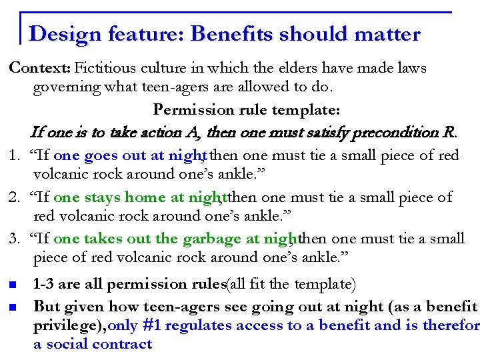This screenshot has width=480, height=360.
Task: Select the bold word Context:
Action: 39,68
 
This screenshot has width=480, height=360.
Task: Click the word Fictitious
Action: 105,68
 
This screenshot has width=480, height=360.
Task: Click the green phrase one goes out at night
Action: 127,156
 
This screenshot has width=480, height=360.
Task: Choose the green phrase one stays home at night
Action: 138,197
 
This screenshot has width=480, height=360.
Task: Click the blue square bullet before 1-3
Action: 13,285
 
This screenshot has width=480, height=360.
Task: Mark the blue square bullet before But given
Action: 13,307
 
